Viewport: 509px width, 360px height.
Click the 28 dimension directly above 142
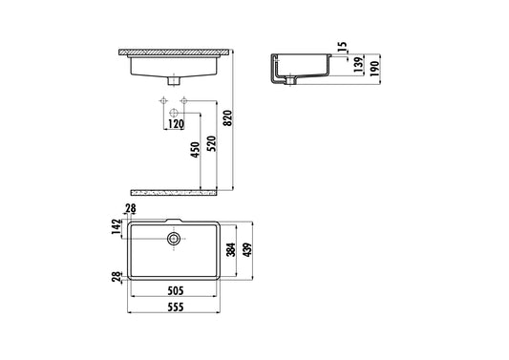click(132, 210)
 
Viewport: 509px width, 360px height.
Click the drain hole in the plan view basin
click(175, 236)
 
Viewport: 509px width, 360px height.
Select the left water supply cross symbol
click(163, 100)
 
